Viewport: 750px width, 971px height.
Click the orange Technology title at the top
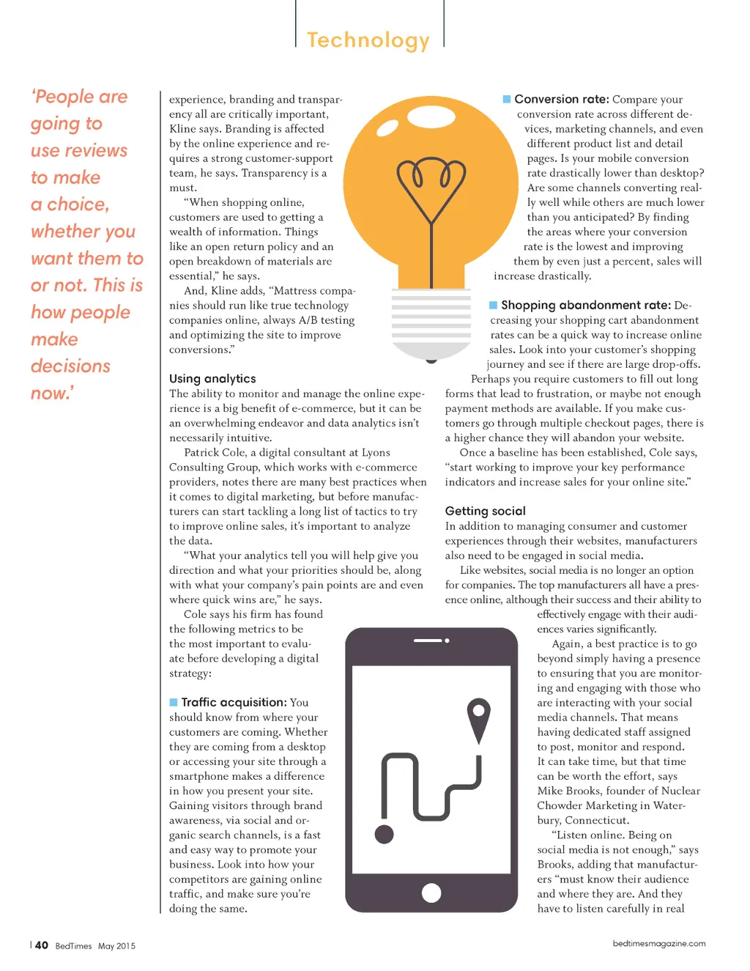[x=368, y=40]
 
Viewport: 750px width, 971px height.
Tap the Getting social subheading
[x=485, y=511]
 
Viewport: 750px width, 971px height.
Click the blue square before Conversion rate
[x=507, y=99]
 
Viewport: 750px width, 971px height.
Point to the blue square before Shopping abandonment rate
[x=494, y=305]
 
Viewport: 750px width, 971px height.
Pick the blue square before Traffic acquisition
[x=174, y=702]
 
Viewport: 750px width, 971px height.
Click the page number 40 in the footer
[x=42, y=945]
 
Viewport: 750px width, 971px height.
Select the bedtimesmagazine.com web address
[x=659, y=944]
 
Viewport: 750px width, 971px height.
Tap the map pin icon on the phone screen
[x=478, y=719]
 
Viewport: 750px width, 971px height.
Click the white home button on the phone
[x=431, y=893]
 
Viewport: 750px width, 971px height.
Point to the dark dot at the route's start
[x=384, y=833]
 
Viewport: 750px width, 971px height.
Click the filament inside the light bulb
[x=431, y=183]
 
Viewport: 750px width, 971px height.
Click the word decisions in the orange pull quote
[x=70, y=366]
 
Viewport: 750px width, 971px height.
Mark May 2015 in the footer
[x=117, y=946]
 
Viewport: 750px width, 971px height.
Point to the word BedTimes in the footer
[x=73, y=946]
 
